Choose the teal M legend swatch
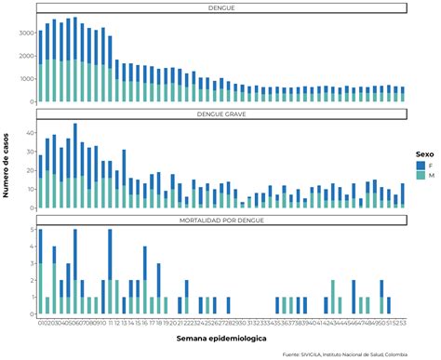421,175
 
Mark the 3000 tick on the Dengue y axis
26,33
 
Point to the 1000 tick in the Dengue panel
26,79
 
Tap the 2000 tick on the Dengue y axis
26,56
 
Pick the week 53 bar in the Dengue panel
403,94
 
